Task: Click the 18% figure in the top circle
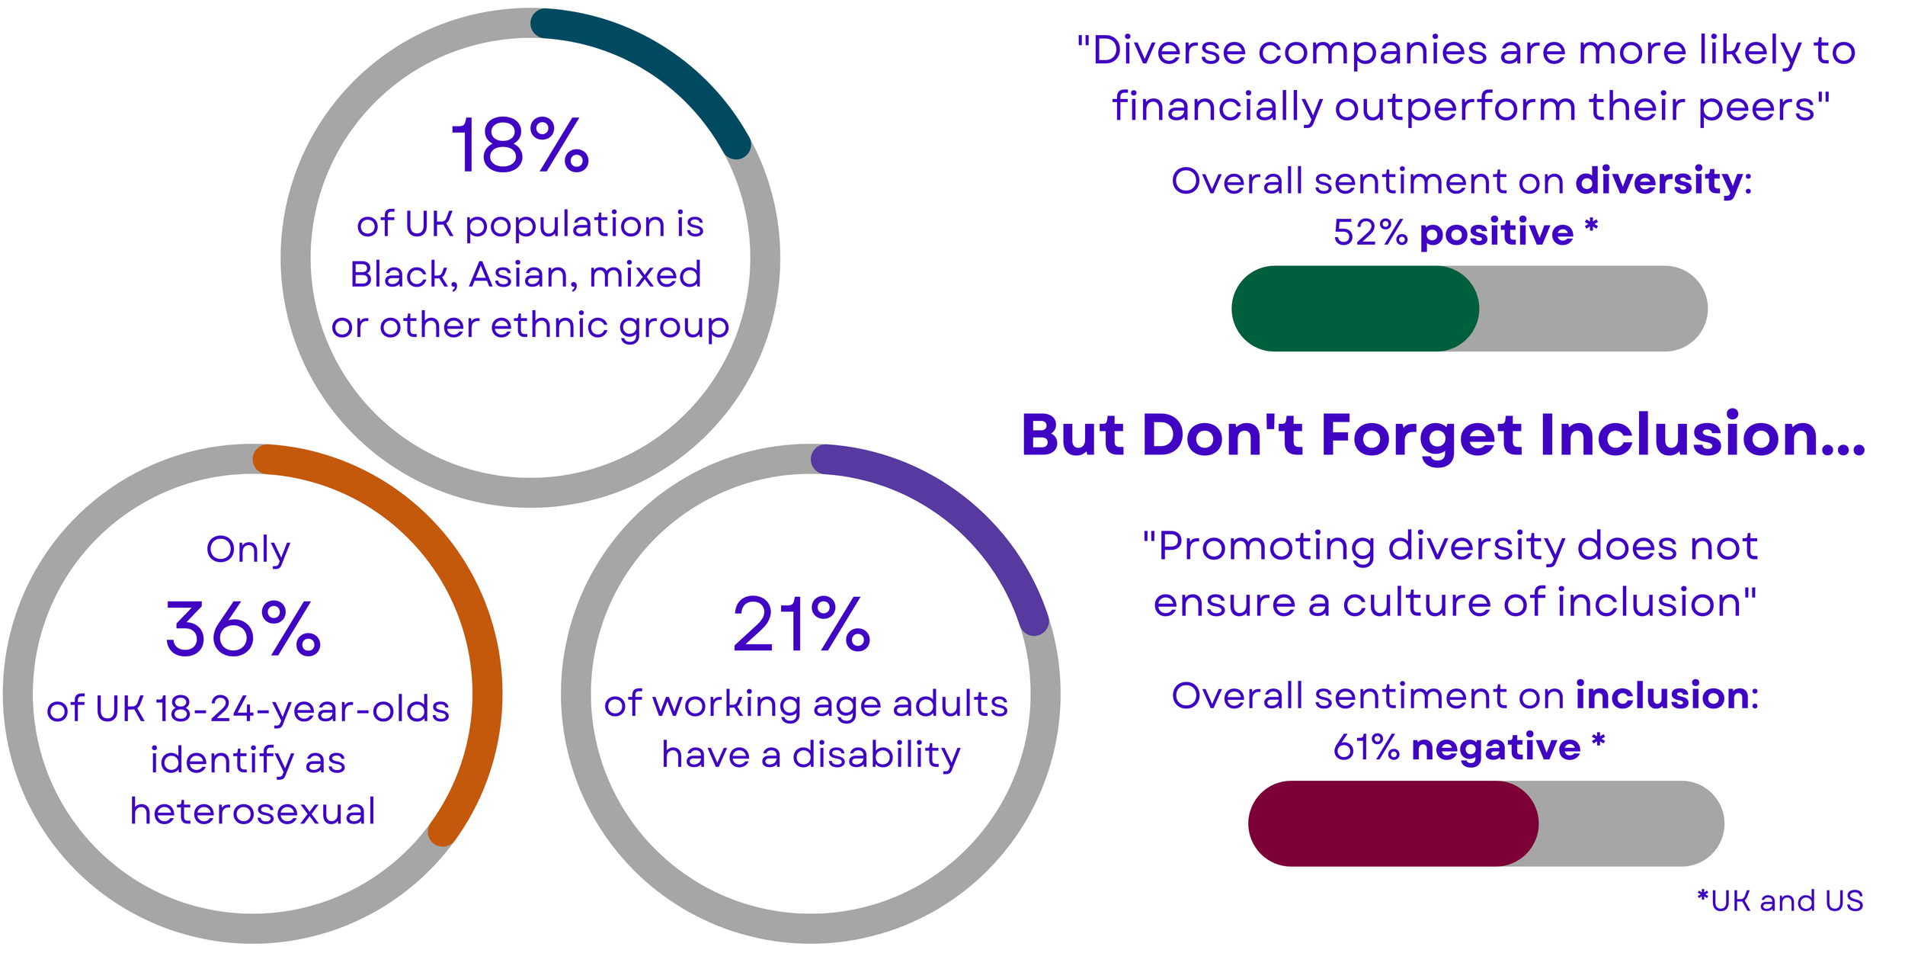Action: point(520,146)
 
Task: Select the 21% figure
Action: point(801,624)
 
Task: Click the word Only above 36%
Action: point(248,550)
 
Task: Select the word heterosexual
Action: point(253,811)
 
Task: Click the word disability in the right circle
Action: point(876,755)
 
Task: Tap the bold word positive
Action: point(1497,232)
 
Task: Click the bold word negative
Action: point(1496,747)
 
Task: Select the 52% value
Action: point(1370,233)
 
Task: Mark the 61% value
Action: point(1366,747)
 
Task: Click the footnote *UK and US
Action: point(1780,901)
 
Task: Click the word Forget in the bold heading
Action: point(1422,435)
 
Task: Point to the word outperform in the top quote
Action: point(1455,107)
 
